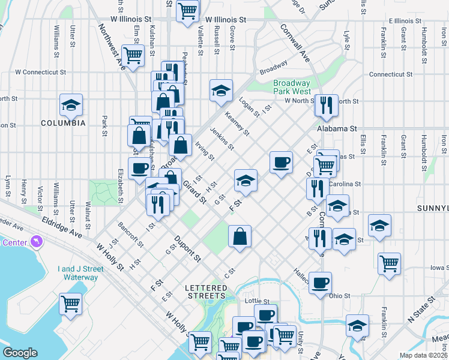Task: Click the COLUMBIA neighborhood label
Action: [x=63, y=122]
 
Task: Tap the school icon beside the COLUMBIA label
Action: [x=71, y=105]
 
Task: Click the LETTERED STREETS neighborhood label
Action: [x=206, y=292]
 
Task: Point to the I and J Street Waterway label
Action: [x=77, y=273]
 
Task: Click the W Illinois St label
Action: [x=226, y=19]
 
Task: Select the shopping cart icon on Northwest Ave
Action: [x=133, y=55]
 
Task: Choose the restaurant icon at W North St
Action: [x=327, y=104]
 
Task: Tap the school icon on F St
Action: [x=246, y=179]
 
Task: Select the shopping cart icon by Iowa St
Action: [x=390, y=262]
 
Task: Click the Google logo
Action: [x=20, y=353]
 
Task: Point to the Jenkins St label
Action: [x=221, y=139]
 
